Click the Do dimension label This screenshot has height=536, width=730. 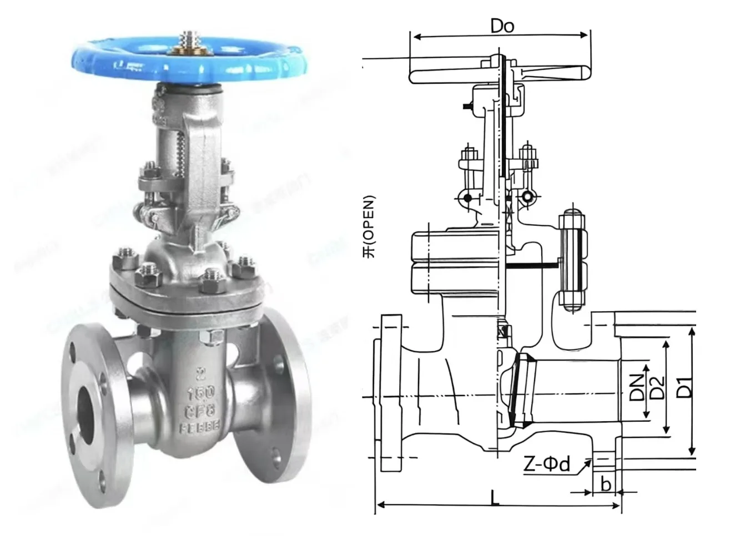coord(502,26)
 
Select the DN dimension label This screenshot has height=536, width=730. coord(637,387)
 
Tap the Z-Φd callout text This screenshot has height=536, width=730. coord(546,463)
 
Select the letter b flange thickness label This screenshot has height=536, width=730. coord(606,484)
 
